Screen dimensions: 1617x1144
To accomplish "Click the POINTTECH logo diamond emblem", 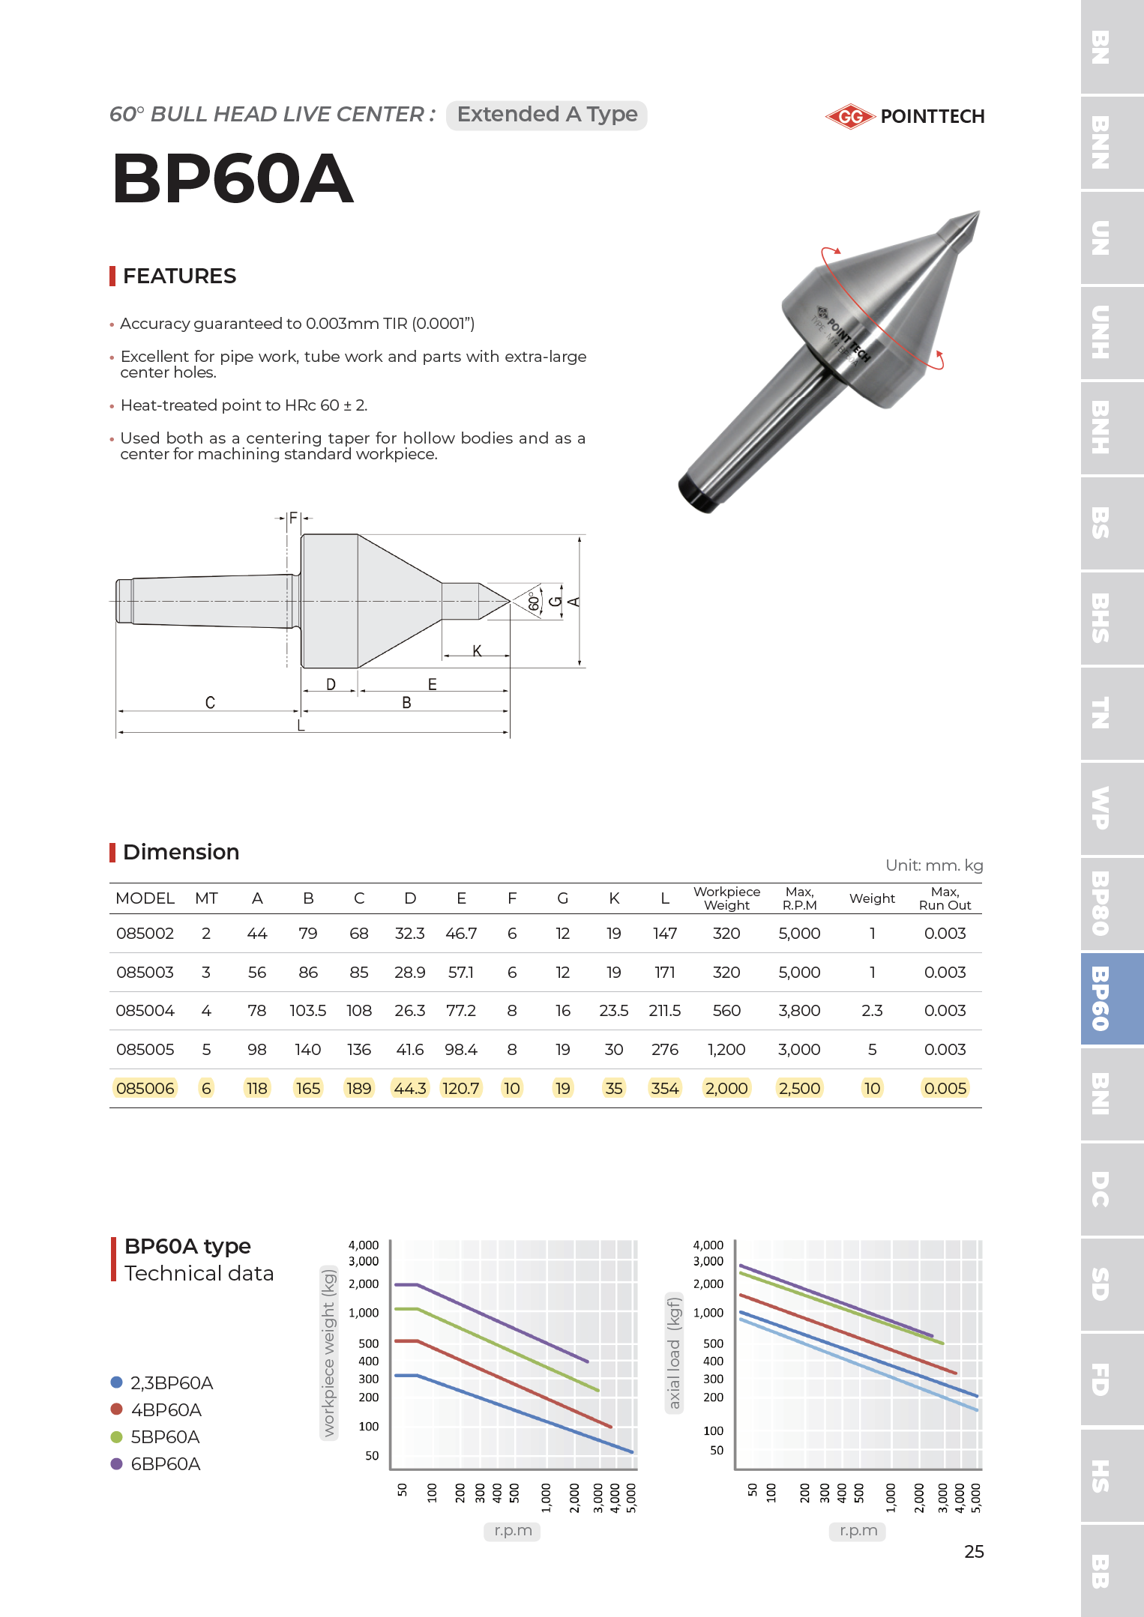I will click(850, 117).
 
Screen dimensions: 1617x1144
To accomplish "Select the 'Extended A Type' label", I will click(547, 115).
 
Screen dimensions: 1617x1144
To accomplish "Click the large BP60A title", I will click(232, 178).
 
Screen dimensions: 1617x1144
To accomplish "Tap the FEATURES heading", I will click(179, 276).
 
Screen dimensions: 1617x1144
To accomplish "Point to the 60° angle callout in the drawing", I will click(533, 602).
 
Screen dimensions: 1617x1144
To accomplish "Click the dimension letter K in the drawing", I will click(477, 650).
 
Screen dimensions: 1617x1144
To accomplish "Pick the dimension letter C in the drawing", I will click(210, 702).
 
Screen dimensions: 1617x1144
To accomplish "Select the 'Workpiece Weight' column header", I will click(726, 898).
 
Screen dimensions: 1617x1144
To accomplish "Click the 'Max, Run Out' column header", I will click(945, 898).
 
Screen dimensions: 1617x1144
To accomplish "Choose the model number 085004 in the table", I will click(145, 1011).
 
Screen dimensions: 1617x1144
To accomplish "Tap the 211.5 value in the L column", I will click(664, 1011).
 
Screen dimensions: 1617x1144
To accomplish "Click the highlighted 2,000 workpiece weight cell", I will click(726, 1089).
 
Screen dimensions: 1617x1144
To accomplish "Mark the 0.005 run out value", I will click(945, 1089).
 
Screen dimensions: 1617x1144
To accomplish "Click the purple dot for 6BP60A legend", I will click(116, 1464).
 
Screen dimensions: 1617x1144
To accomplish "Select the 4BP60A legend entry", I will click(166, 1410).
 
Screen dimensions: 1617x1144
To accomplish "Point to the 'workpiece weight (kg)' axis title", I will click(328, 1352).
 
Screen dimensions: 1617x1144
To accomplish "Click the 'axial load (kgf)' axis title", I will click(674, 1352).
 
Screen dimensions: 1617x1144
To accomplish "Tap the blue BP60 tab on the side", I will click(1111, 999).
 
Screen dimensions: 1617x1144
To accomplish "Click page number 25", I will click(974, 1552).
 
